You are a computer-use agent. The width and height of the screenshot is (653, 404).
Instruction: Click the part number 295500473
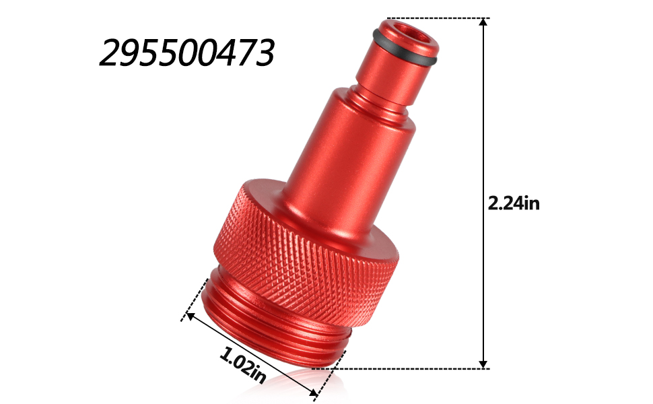pyautogui.click(x=186, y=53)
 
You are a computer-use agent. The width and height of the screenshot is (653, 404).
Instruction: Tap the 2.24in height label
pyautogui.click(x=514, y=203)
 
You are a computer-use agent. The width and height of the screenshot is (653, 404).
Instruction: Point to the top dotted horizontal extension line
pyautogui.click(x=438, y=18)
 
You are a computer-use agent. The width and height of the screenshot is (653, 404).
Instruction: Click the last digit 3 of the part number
pyautogui.click(x=263, y=53)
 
